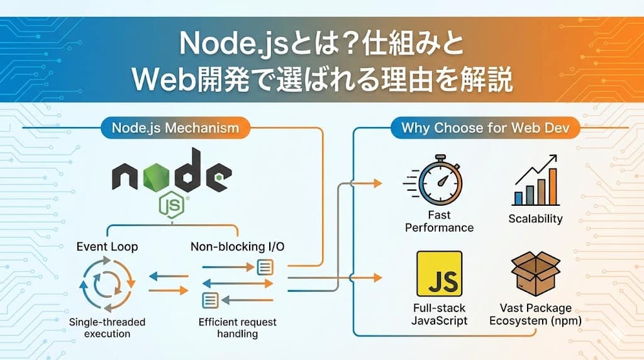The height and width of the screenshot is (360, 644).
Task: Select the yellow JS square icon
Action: click(x=439, y=274)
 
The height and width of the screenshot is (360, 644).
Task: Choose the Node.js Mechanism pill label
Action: click(x=175, y=128)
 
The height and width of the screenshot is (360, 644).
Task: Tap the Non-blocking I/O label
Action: click(x=237, y=247)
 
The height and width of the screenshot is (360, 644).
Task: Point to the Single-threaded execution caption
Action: click(x=107, y=328)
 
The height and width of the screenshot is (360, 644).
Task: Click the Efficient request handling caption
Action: click(x=237, y=328)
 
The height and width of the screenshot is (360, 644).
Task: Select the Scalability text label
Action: click(x=535, y=219)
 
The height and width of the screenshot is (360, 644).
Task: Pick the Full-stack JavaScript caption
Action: click(x=440, y=314)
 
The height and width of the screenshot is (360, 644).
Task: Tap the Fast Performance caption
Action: click(x=439, y=222)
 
